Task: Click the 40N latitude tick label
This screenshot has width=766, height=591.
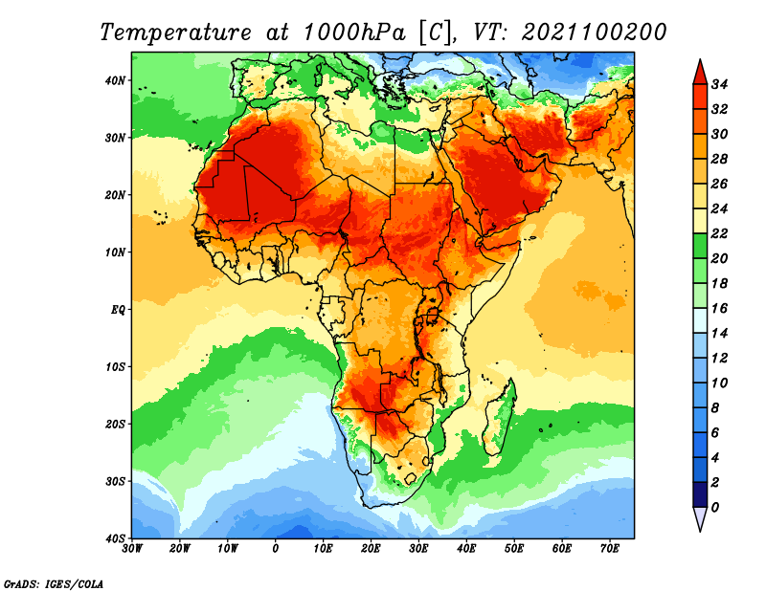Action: coord(115,80)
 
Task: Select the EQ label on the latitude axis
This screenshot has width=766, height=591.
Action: coord(118,310)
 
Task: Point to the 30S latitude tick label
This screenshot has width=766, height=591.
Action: coord(115,481)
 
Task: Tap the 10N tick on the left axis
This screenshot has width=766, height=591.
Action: coord(115,252)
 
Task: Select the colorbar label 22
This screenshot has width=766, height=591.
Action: coord(720,233)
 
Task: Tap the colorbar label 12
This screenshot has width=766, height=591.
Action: coord(720,358)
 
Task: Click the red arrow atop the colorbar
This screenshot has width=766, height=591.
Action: coord(700,71)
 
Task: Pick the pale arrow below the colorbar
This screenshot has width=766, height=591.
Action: coord(700,519)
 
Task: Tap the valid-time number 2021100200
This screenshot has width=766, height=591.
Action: coord(594,33)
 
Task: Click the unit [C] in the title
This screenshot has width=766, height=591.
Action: coord(433,33)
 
